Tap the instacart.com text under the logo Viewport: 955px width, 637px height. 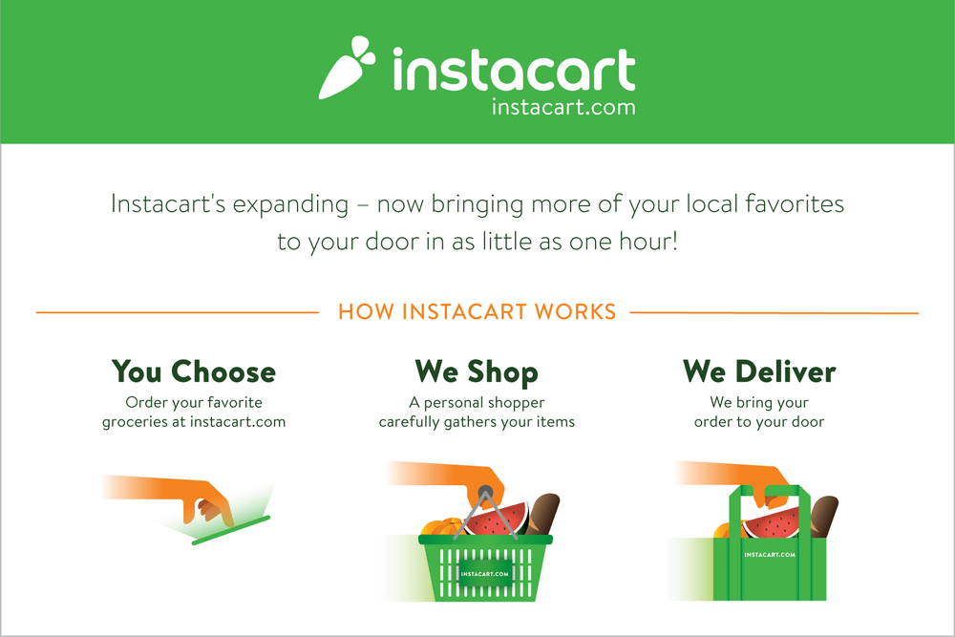click(562, 107)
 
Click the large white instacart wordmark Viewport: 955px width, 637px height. click(513, 71)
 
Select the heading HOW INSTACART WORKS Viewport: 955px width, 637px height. click(477, 312)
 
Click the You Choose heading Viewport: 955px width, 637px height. click(193, 371)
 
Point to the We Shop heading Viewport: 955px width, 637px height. click(477, 371)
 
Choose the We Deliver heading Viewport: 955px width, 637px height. click(759, 371)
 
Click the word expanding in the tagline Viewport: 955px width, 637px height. click(295, 204)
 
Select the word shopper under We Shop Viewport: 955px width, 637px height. click(514, 402)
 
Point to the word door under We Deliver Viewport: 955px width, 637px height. click(805, 421)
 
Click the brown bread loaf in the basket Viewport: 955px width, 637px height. click(544, 513)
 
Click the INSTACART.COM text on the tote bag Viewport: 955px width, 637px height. click(770, 554)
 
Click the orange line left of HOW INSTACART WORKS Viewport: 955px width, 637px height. click(177, 312)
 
